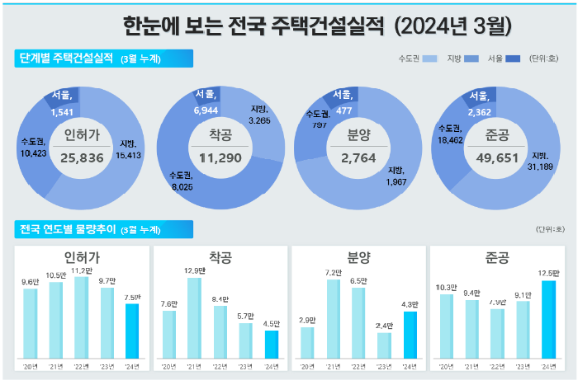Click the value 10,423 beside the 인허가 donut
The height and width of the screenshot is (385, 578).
click(32, 153)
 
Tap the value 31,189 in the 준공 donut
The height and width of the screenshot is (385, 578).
click(542, 167)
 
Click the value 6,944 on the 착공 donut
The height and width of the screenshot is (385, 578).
click(206, 110)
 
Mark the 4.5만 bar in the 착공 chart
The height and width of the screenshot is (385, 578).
click(272, 345)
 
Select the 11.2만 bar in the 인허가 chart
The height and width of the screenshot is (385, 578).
click(83, 317)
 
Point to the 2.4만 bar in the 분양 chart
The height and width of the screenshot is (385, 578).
click(383, 345)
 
